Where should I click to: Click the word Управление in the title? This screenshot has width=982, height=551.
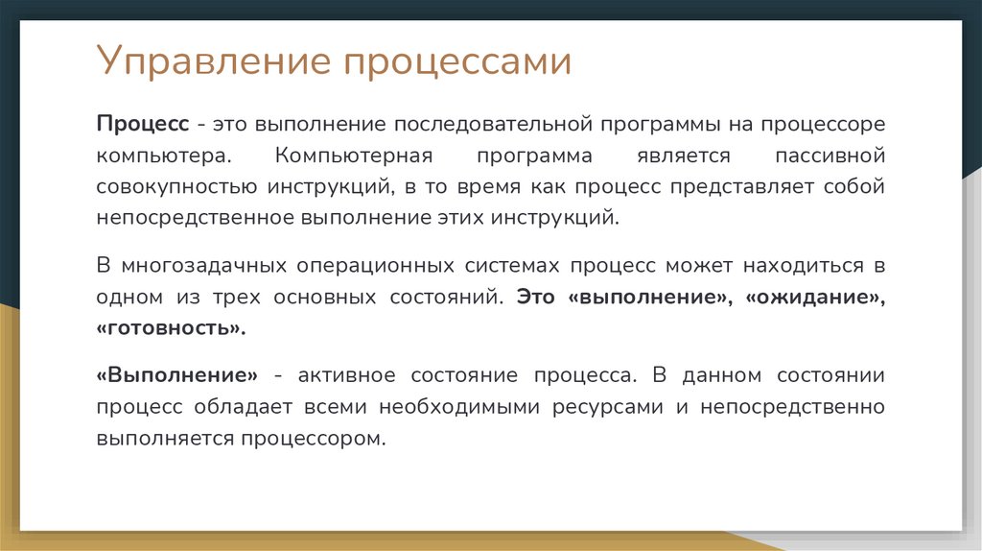[214, 63]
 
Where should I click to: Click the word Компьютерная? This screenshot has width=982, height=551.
[354, 156]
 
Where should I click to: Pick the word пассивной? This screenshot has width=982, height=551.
[828, 156]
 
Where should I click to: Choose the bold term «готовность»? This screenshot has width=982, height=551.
[171, 327]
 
